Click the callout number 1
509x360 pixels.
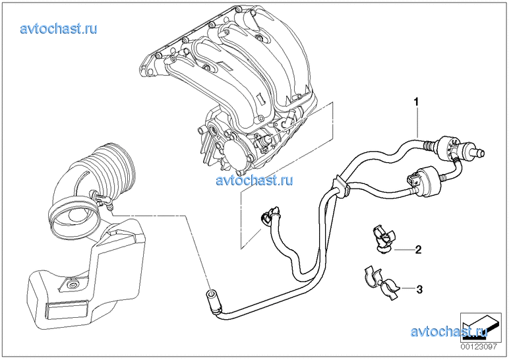tap(416, 102)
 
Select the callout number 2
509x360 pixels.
tap(419, 250)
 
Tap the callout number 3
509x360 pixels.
tap(419, 289)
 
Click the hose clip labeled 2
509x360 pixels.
tap(384, 239)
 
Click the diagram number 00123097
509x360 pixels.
tap(478, 347)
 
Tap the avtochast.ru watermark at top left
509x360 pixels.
tap(59, 28)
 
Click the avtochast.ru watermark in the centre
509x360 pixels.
tap(254, 179)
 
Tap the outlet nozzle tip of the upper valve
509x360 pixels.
tap(483, 152)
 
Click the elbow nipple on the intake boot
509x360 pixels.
tap(102, 200)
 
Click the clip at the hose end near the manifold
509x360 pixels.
tap(270, 214)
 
